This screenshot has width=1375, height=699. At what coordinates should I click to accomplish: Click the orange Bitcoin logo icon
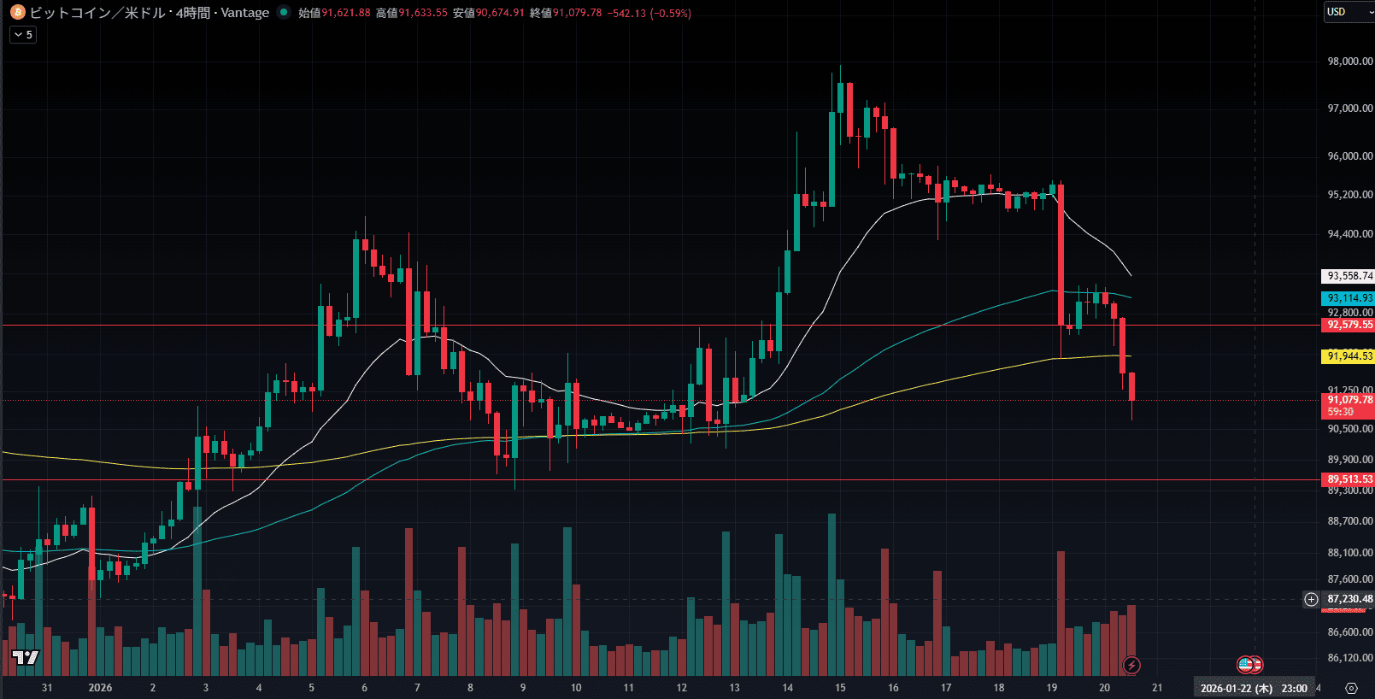click(x=17, y=12)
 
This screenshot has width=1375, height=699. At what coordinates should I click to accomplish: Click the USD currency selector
click(x=1349, y=12)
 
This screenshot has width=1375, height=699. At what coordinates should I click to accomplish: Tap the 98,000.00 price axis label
click(x=1349, y=62)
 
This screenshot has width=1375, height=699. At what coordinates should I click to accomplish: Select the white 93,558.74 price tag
click(x=1349, y=276)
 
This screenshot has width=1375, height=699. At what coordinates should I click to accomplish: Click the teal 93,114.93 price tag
click(x=1349, y=298)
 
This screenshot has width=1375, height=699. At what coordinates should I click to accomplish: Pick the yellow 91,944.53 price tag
click(x=1349, y=356)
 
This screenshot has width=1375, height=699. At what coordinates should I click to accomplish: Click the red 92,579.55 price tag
click(x=1349, y=325)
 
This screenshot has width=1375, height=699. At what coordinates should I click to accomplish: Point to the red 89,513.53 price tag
click(x=1349, y=479)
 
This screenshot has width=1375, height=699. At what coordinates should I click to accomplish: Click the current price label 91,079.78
click(x=1349, y=400)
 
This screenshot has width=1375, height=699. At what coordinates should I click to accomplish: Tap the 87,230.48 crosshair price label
click(x=1349, y=599)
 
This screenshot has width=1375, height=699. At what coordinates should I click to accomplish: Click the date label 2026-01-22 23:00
click(x=1253, y=688)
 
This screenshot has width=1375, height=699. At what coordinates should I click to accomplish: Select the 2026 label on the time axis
click(x=100, y=688)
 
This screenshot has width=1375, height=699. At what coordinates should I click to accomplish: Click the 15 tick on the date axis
click(x=840, y=688)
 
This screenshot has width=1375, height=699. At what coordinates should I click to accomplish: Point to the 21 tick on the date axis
click(x=1157, y=688)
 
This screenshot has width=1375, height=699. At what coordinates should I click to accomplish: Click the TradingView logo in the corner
click(x=26, y=657)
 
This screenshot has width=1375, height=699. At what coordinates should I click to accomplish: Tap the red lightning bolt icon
click(x=1131, y=665)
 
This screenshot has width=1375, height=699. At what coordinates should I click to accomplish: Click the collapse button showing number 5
click(x=23, y=35)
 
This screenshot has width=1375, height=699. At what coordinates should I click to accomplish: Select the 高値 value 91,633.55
click(x=422, y=13)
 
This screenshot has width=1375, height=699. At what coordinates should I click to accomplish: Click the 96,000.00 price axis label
click(x=1349, y=156)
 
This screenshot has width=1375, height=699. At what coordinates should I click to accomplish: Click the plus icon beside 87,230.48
click(x=1311, y=599)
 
